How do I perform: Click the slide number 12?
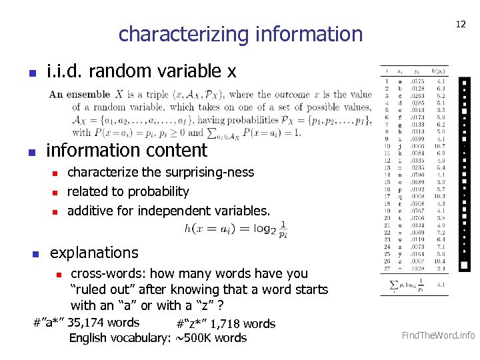click(460, 24)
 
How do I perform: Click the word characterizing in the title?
click(176, 33)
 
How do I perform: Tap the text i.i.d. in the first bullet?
click(65, 71)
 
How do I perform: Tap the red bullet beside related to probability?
click(57, 193)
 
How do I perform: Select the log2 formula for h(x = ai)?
click(236, 229)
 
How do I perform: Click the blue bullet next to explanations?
click(37, 254)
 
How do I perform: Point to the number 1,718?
click(227, 324)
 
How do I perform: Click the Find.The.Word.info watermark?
click(438, 335)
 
